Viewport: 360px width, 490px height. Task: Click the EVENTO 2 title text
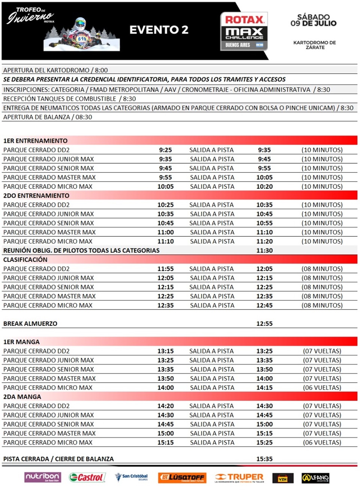159,30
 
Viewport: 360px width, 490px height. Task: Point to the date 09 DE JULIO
313,23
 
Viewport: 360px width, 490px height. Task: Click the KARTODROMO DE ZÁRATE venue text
315,45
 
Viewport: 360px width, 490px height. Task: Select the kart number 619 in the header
82,39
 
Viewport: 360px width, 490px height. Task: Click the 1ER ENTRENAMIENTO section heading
36,141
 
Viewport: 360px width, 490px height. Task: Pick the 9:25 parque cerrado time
165,150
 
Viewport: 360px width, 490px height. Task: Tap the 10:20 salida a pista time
264,186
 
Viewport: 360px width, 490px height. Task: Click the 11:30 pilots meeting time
264,251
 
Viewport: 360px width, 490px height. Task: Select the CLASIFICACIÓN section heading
25,260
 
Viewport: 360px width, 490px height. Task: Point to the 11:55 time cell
165,269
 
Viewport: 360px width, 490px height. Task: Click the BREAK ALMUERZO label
30,324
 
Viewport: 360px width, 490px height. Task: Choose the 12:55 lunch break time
264,324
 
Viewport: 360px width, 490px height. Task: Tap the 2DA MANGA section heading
22,397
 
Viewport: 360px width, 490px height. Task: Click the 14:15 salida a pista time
264,388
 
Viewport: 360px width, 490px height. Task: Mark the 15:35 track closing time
264,459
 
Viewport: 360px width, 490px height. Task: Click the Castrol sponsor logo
87,477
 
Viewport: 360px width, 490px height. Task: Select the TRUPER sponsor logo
240,477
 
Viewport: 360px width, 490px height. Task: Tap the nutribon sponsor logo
42,477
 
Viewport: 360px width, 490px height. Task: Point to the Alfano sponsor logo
315,478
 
